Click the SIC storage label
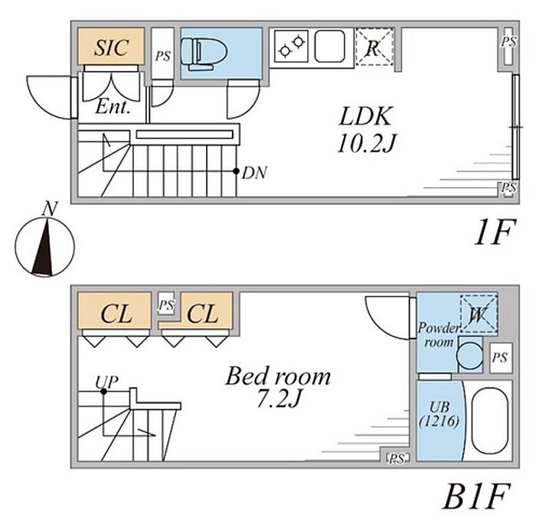coord(110,47)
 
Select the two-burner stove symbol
coord(293,47)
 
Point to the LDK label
coord(366,117)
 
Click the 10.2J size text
coord(366,143)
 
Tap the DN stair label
coord(253,173)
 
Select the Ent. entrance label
coord(112,109)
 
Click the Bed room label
coord(277,377)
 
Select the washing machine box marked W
coord(478,314)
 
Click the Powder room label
coord(438,335)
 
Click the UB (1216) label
coord(439,414)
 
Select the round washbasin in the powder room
coord(466,356)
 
